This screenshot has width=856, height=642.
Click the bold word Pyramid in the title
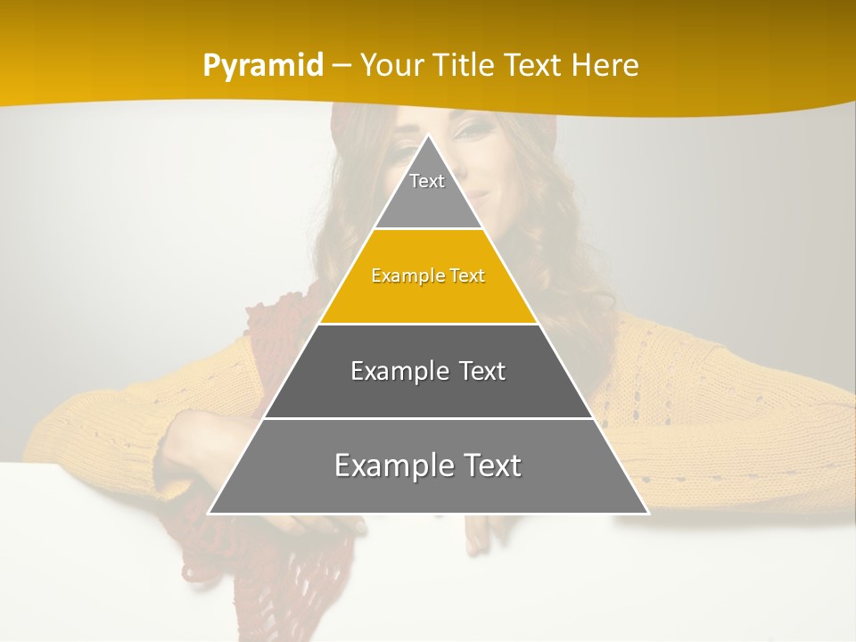[x=263, y=66]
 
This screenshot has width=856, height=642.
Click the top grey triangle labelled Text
[x=427, y=192]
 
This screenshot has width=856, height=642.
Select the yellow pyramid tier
[x=428, y=294]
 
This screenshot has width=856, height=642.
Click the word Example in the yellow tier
[x=404, y=276]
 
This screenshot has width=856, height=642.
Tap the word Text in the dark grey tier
[x=482, y=371]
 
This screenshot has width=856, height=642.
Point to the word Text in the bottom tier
[x=490, y=465]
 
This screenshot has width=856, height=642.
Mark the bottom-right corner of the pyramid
[x=647, y=513]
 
